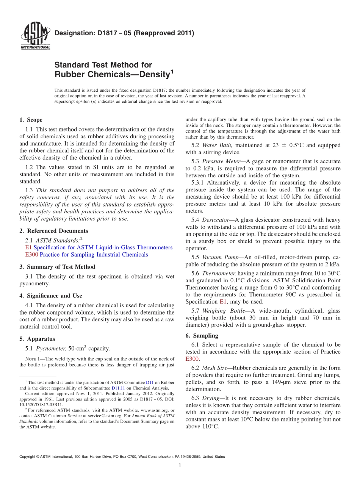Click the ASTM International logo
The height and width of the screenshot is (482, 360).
[x=35, y=36]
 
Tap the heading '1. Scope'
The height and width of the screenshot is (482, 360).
[x=31, y=120]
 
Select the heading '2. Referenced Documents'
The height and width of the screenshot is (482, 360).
[x=53, y=231]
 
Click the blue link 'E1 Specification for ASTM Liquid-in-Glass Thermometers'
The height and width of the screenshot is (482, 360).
[x=98, y=247]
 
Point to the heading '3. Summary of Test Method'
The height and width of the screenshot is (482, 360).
[x=57, y=267]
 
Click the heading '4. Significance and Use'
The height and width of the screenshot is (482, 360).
[x=50, y=296]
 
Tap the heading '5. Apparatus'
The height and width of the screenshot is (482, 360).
[x=37, y=339]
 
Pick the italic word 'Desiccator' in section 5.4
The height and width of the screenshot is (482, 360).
[x=215, y=220]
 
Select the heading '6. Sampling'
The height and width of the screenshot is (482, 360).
[x=202, y=335]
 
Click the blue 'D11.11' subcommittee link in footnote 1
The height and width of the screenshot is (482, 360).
[x=117, y=388]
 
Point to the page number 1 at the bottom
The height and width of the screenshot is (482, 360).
[x=180, y=466]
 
